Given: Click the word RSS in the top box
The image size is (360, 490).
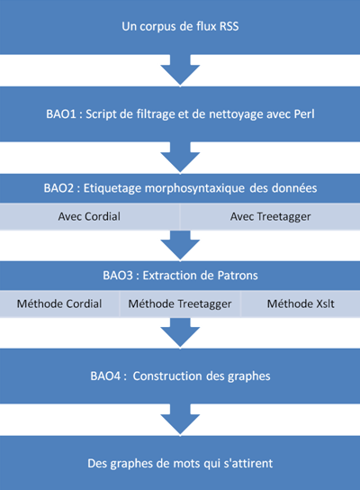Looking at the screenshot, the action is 229,26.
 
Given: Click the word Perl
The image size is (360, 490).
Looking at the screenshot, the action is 304,114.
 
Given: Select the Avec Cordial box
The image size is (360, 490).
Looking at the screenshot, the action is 90,216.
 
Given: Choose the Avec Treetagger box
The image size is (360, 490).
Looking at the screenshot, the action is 270,216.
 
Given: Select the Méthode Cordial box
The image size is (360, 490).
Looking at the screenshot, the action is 59,304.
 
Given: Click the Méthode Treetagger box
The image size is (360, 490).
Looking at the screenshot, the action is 180,304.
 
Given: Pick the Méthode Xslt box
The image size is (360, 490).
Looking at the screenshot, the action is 301,304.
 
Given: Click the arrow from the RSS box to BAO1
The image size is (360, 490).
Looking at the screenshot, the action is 180,70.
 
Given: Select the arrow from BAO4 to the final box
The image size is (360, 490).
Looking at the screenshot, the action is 180,420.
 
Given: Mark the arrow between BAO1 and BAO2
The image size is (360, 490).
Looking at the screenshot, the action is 180,158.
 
